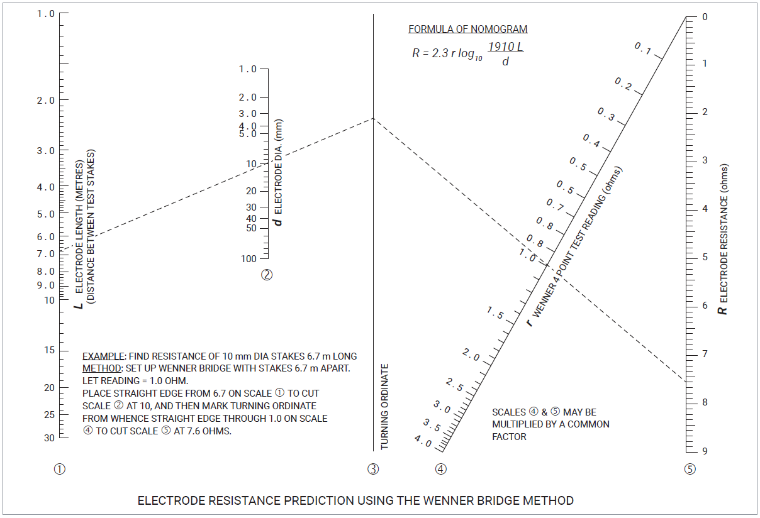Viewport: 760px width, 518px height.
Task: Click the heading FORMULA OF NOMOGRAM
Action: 467,29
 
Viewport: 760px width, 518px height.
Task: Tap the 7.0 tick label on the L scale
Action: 46,254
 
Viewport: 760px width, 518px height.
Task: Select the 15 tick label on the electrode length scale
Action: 49,350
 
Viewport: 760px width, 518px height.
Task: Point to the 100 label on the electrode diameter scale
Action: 249,259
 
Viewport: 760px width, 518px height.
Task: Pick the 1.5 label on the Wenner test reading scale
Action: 495,312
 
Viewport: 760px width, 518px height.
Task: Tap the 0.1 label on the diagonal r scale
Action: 642,48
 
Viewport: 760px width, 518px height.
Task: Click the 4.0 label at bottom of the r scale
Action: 423,442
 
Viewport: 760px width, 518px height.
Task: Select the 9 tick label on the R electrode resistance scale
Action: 705,451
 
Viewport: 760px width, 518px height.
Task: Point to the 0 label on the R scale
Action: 705,17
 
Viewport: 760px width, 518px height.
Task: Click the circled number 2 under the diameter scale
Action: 267,275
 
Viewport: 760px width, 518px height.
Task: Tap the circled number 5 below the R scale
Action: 690,469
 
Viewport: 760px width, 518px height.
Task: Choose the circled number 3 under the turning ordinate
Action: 373,469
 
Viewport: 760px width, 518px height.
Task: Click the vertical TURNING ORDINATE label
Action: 385,406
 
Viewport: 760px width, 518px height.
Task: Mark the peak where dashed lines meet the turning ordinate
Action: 373,118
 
